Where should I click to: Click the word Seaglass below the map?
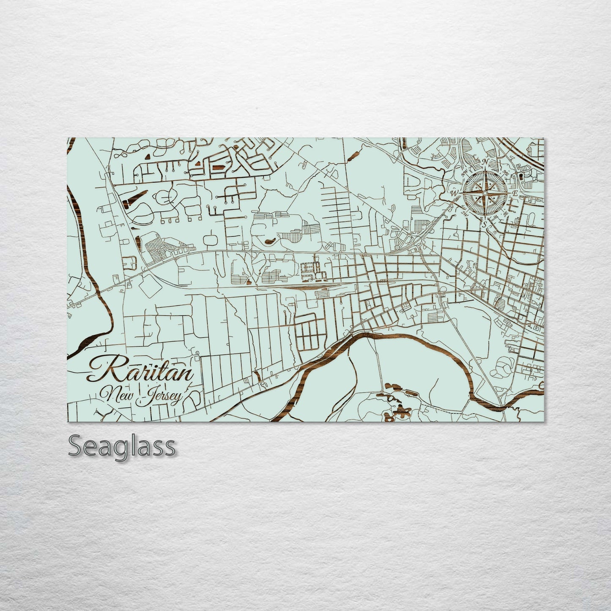[121, 446]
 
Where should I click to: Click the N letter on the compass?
[485, 162]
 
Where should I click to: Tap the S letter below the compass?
[484, 224]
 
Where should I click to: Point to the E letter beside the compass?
[515, 193]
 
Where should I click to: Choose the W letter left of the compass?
[454, 193]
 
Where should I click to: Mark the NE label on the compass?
[506, 173]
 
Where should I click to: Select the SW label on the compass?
[464, 214]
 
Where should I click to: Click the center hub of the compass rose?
[485, 193]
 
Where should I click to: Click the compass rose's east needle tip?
[510, 193]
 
